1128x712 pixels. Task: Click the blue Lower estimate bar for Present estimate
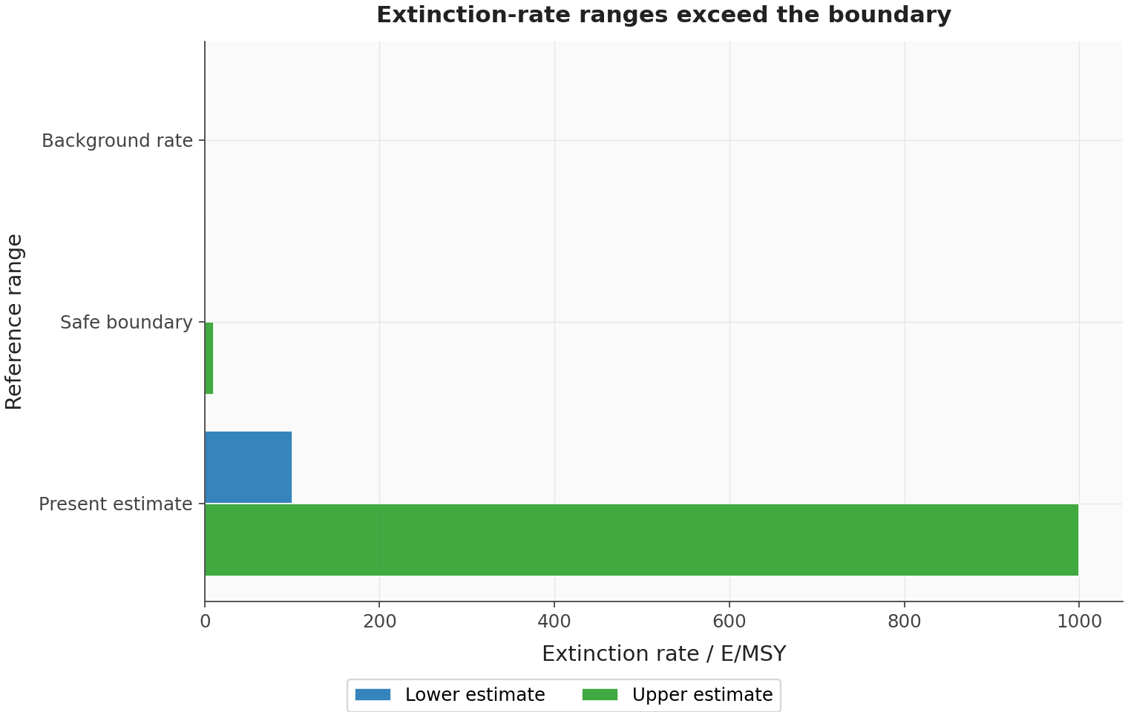249,467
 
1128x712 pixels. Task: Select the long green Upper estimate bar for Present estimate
641,540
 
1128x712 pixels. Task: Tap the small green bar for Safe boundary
209,358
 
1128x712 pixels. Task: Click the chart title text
663,15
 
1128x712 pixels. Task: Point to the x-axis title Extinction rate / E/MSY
663,653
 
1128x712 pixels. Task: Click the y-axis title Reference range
13,322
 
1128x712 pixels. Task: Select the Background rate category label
117,141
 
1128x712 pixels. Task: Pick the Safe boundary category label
126,323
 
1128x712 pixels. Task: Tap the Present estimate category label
115,504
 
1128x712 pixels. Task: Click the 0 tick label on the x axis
205,622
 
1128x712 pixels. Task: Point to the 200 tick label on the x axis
380,622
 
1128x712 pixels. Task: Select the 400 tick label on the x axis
554,622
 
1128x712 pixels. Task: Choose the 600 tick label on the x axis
729,622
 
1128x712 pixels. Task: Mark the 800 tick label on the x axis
905,622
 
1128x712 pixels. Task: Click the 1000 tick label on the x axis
1079,622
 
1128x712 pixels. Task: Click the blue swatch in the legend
373,695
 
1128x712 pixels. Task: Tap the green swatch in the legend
600,695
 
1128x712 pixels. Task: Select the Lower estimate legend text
475,695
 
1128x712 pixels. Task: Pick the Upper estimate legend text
703,695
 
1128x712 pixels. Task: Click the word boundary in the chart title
889,15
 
